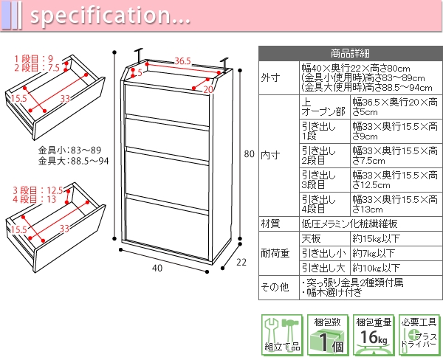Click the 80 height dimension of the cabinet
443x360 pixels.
click(x=249, y=154)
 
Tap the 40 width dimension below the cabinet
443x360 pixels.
click(x=157, y=268)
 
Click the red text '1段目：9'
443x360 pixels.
click(x=33, y=58)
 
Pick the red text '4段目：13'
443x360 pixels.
click(x=33, y=199)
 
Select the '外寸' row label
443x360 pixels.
click(x=271, y=77)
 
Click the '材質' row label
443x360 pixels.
click(x=271, y=224)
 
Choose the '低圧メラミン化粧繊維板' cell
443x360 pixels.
click(x=350, y=224)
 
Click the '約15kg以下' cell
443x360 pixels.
click(x=377, y=239)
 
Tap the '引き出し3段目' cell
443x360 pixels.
click(x=318, y=180)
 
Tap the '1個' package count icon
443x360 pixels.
click(x=326, y=336)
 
